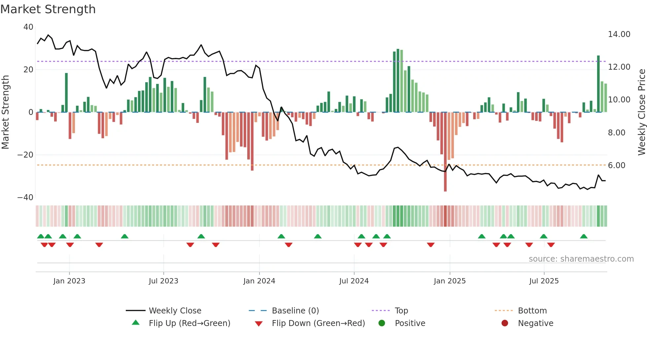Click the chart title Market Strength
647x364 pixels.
coord(48,9)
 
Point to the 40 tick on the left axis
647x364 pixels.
coord(28,27)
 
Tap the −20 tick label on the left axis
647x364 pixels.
coord(25,155)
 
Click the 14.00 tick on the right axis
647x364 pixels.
coord(619,34)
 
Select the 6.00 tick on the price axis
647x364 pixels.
coord(616,165)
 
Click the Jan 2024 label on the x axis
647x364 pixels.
coord(259,281)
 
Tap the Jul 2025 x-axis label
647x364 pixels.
coord(544,281)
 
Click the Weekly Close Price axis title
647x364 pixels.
coord(641,112)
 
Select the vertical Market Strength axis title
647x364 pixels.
coord(6,112)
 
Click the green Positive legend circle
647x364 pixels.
coord(382,323)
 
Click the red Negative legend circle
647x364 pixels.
coord(505,323)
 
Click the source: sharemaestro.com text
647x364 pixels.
coord(581,259)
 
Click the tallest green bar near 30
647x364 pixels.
coord(398,81)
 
